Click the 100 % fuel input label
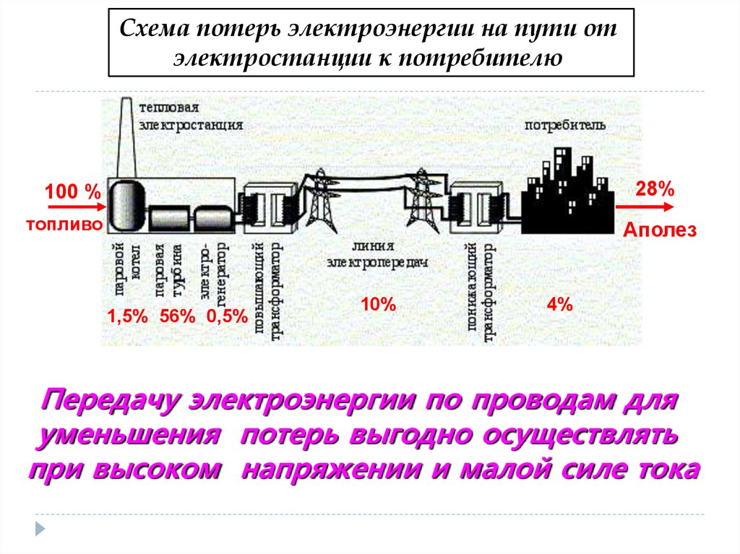point(72,193)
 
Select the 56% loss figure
point(178,316)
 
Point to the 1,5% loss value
point(128,316)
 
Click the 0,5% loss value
point(227,316)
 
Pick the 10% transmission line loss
point(378,305)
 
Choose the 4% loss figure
point(559,305)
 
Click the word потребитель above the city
point(565,125)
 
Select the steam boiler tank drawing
point(126,204)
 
